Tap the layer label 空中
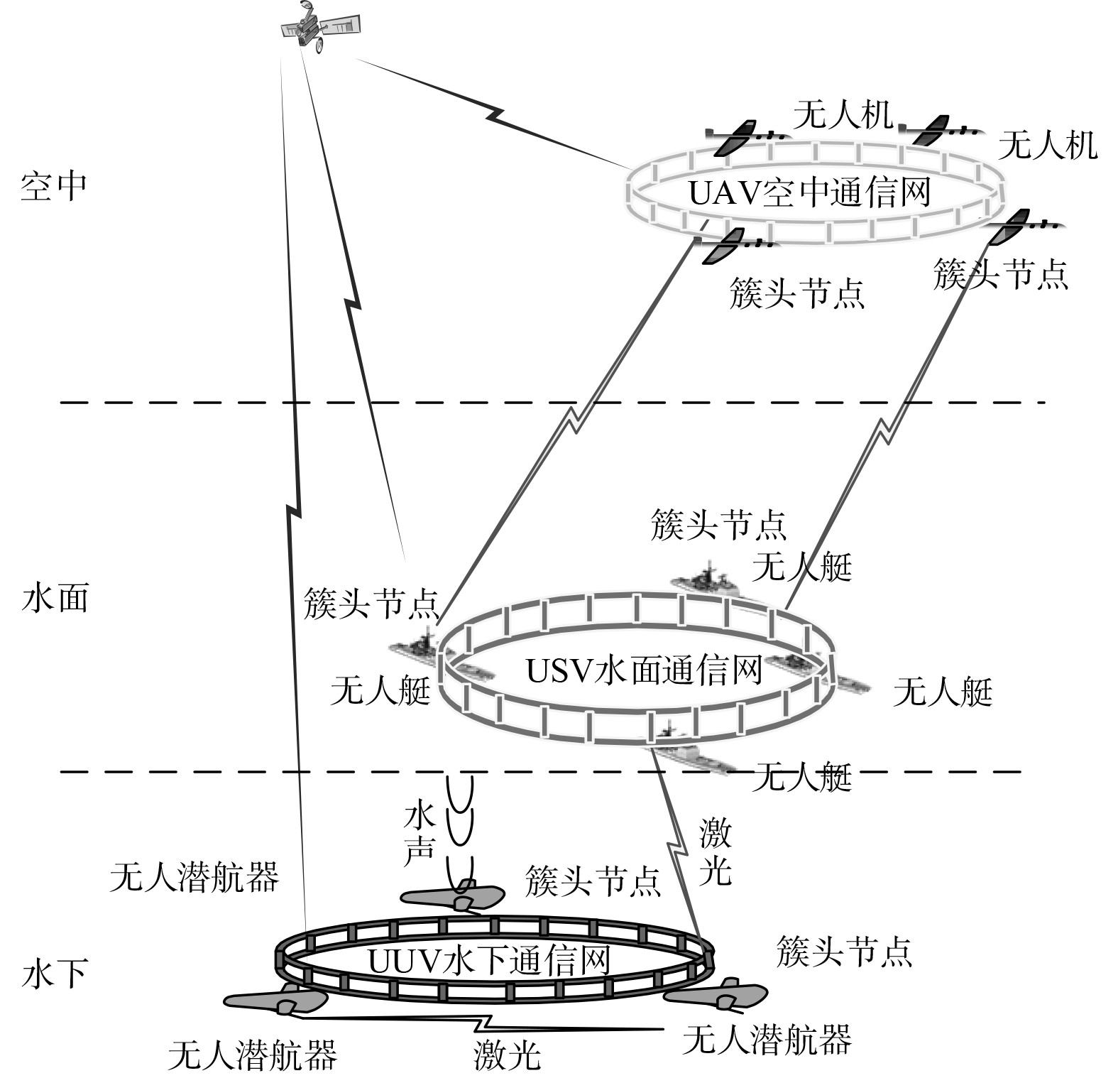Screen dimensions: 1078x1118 tap(54, 186)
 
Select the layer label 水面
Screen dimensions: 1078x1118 tap(55, 598)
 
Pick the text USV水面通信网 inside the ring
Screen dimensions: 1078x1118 tap(644, 670)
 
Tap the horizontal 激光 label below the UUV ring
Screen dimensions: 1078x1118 tap(507, 1055)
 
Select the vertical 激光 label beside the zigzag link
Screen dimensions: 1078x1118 tap(715, 851)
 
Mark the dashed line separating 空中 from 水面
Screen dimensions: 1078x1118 tap(554, 403)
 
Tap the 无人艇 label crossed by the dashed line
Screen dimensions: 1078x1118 tap(802, 778)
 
